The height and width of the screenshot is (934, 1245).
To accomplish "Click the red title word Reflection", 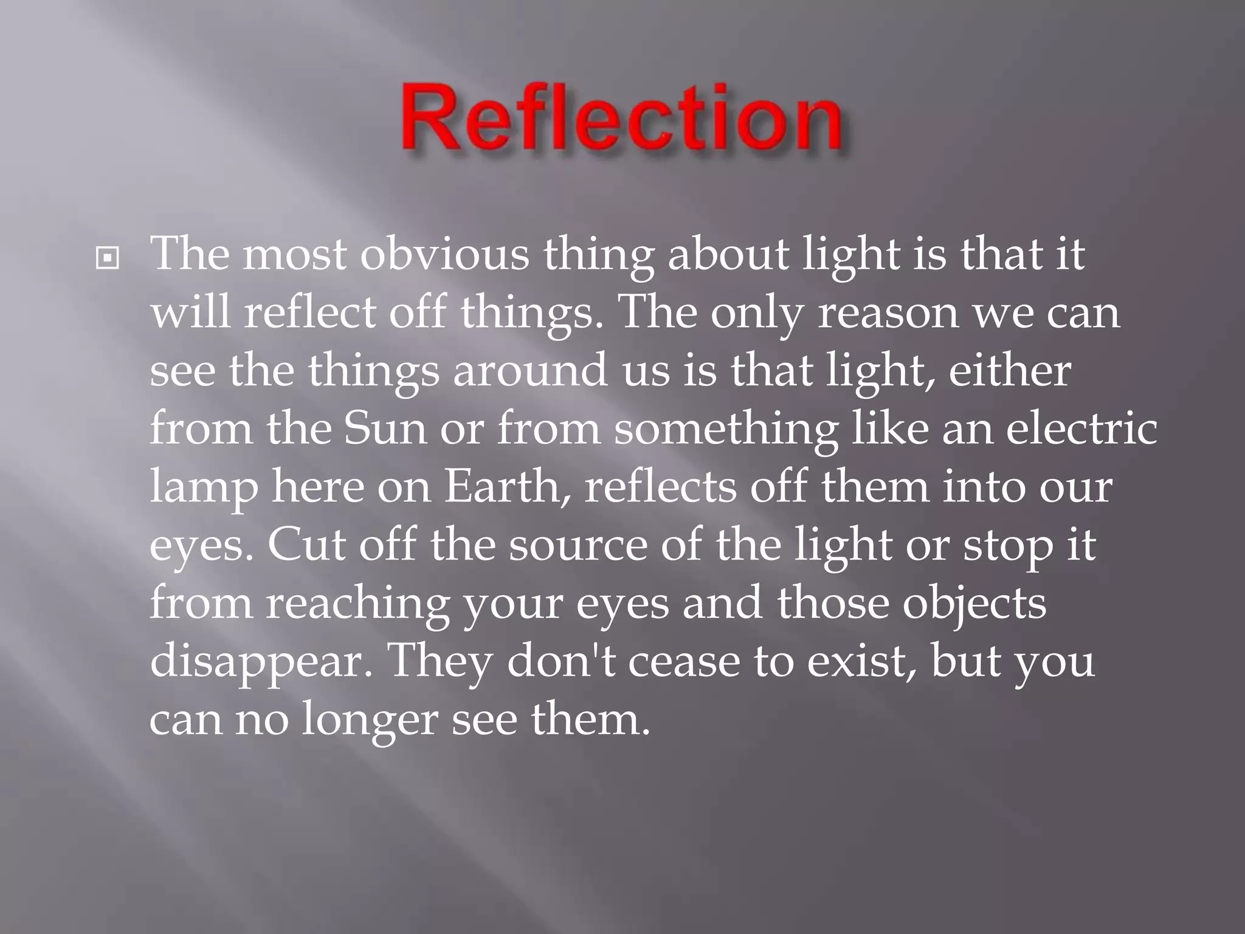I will [621, 119].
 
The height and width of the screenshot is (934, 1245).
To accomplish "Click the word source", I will [578, 545].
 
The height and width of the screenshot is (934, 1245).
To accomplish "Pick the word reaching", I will [357, 604].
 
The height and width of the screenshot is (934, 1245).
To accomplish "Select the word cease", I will [684, 662].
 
